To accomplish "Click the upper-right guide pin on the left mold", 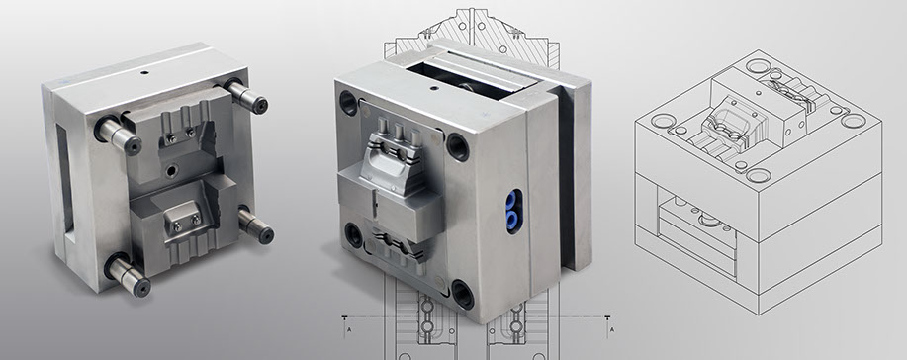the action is pos(246,97).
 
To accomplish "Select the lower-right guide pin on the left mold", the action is pos(255,225).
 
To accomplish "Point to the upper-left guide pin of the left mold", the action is pos(118,135).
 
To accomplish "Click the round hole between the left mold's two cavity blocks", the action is pos(172,170).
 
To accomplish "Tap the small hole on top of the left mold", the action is pos(144,73).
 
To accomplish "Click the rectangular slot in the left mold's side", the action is pos(65,182).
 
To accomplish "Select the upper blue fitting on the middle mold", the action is pos(512,201).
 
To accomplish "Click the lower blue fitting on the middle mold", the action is pos(512,218).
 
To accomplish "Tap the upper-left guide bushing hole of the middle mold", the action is pos(349,103).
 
